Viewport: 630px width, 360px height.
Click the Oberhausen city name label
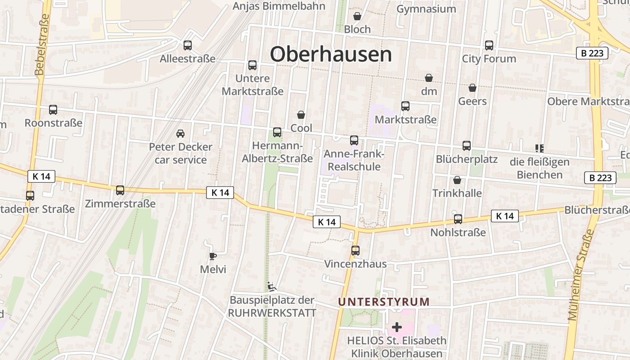pos(331,54)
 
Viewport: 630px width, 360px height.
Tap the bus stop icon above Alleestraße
pos(188,45)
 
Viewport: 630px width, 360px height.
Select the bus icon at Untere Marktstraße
pos(252,65)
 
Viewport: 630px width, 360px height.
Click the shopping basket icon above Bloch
pos(357,17)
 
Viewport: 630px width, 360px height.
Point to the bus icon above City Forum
pos(489,45)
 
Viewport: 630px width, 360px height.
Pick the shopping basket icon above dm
pos(429,78)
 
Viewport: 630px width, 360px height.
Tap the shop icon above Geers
pos(472,88)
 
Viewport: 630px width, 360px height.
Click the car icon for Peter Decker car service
pos(180,134)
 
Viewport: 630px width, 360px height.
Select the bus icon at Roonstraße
pos(53,110)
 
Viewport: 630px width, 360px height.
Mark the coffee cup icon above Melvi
pos(213,256)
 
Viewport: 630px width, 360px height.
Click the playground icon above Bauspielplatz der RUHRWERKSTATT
pos(271,287)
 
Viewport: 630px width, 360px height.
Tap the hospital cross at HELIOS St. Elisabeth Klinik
pos(396,327)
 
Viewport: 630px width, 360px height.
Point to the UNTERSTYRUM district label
pos(384,302)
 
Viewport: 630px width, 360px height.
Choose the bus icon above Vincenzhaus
pos(355,251)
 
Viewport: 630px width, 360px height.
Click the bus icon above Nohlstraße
pos(458,219)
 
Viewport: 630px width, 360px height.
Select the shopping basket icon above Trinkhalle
pos(457,180)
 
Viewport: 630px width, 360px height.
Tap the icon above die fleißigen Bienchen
pos(539,148)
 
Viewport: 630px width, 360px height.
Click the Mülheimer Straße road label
pos(580,274)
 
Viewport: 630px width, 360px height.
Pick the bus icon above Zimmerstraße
pos(120,190)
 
